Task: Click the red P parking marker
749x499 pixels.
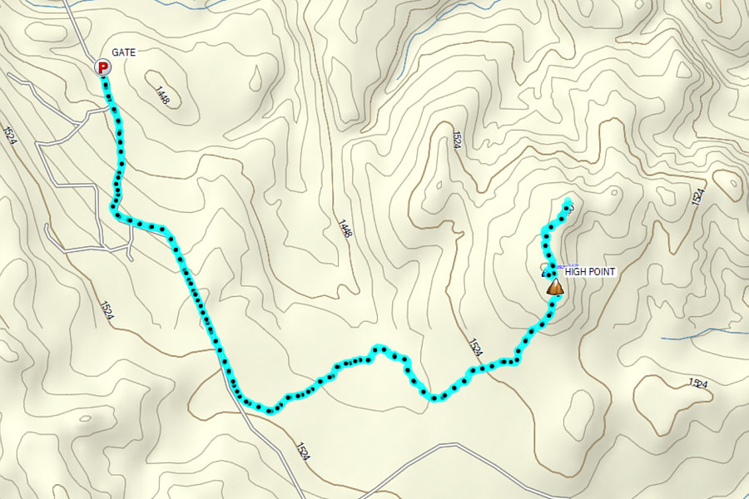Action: (102, 67)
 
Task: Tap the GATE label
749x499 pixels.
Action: (124, 52)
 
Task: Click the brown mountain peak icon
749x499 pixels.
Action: (555, 287)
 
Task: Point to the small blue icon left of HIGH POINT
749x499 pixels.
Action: (547, 271)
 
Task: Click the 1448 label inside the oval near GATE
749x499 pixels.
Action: (161, 95)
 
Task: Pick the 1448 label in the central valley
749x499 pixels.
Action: (345, 229)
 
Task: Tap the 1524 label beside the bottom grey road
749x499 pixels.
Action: (301, 452)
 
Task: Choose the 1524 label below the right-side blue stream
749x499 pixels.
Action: (697, 383)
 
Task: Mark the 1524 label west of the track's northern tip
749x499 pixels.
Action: (457, 139)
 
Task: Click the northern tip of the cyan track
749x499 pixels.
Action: (568, 201)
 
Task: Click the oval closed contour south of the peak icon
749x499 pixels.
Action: (581, 407)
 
